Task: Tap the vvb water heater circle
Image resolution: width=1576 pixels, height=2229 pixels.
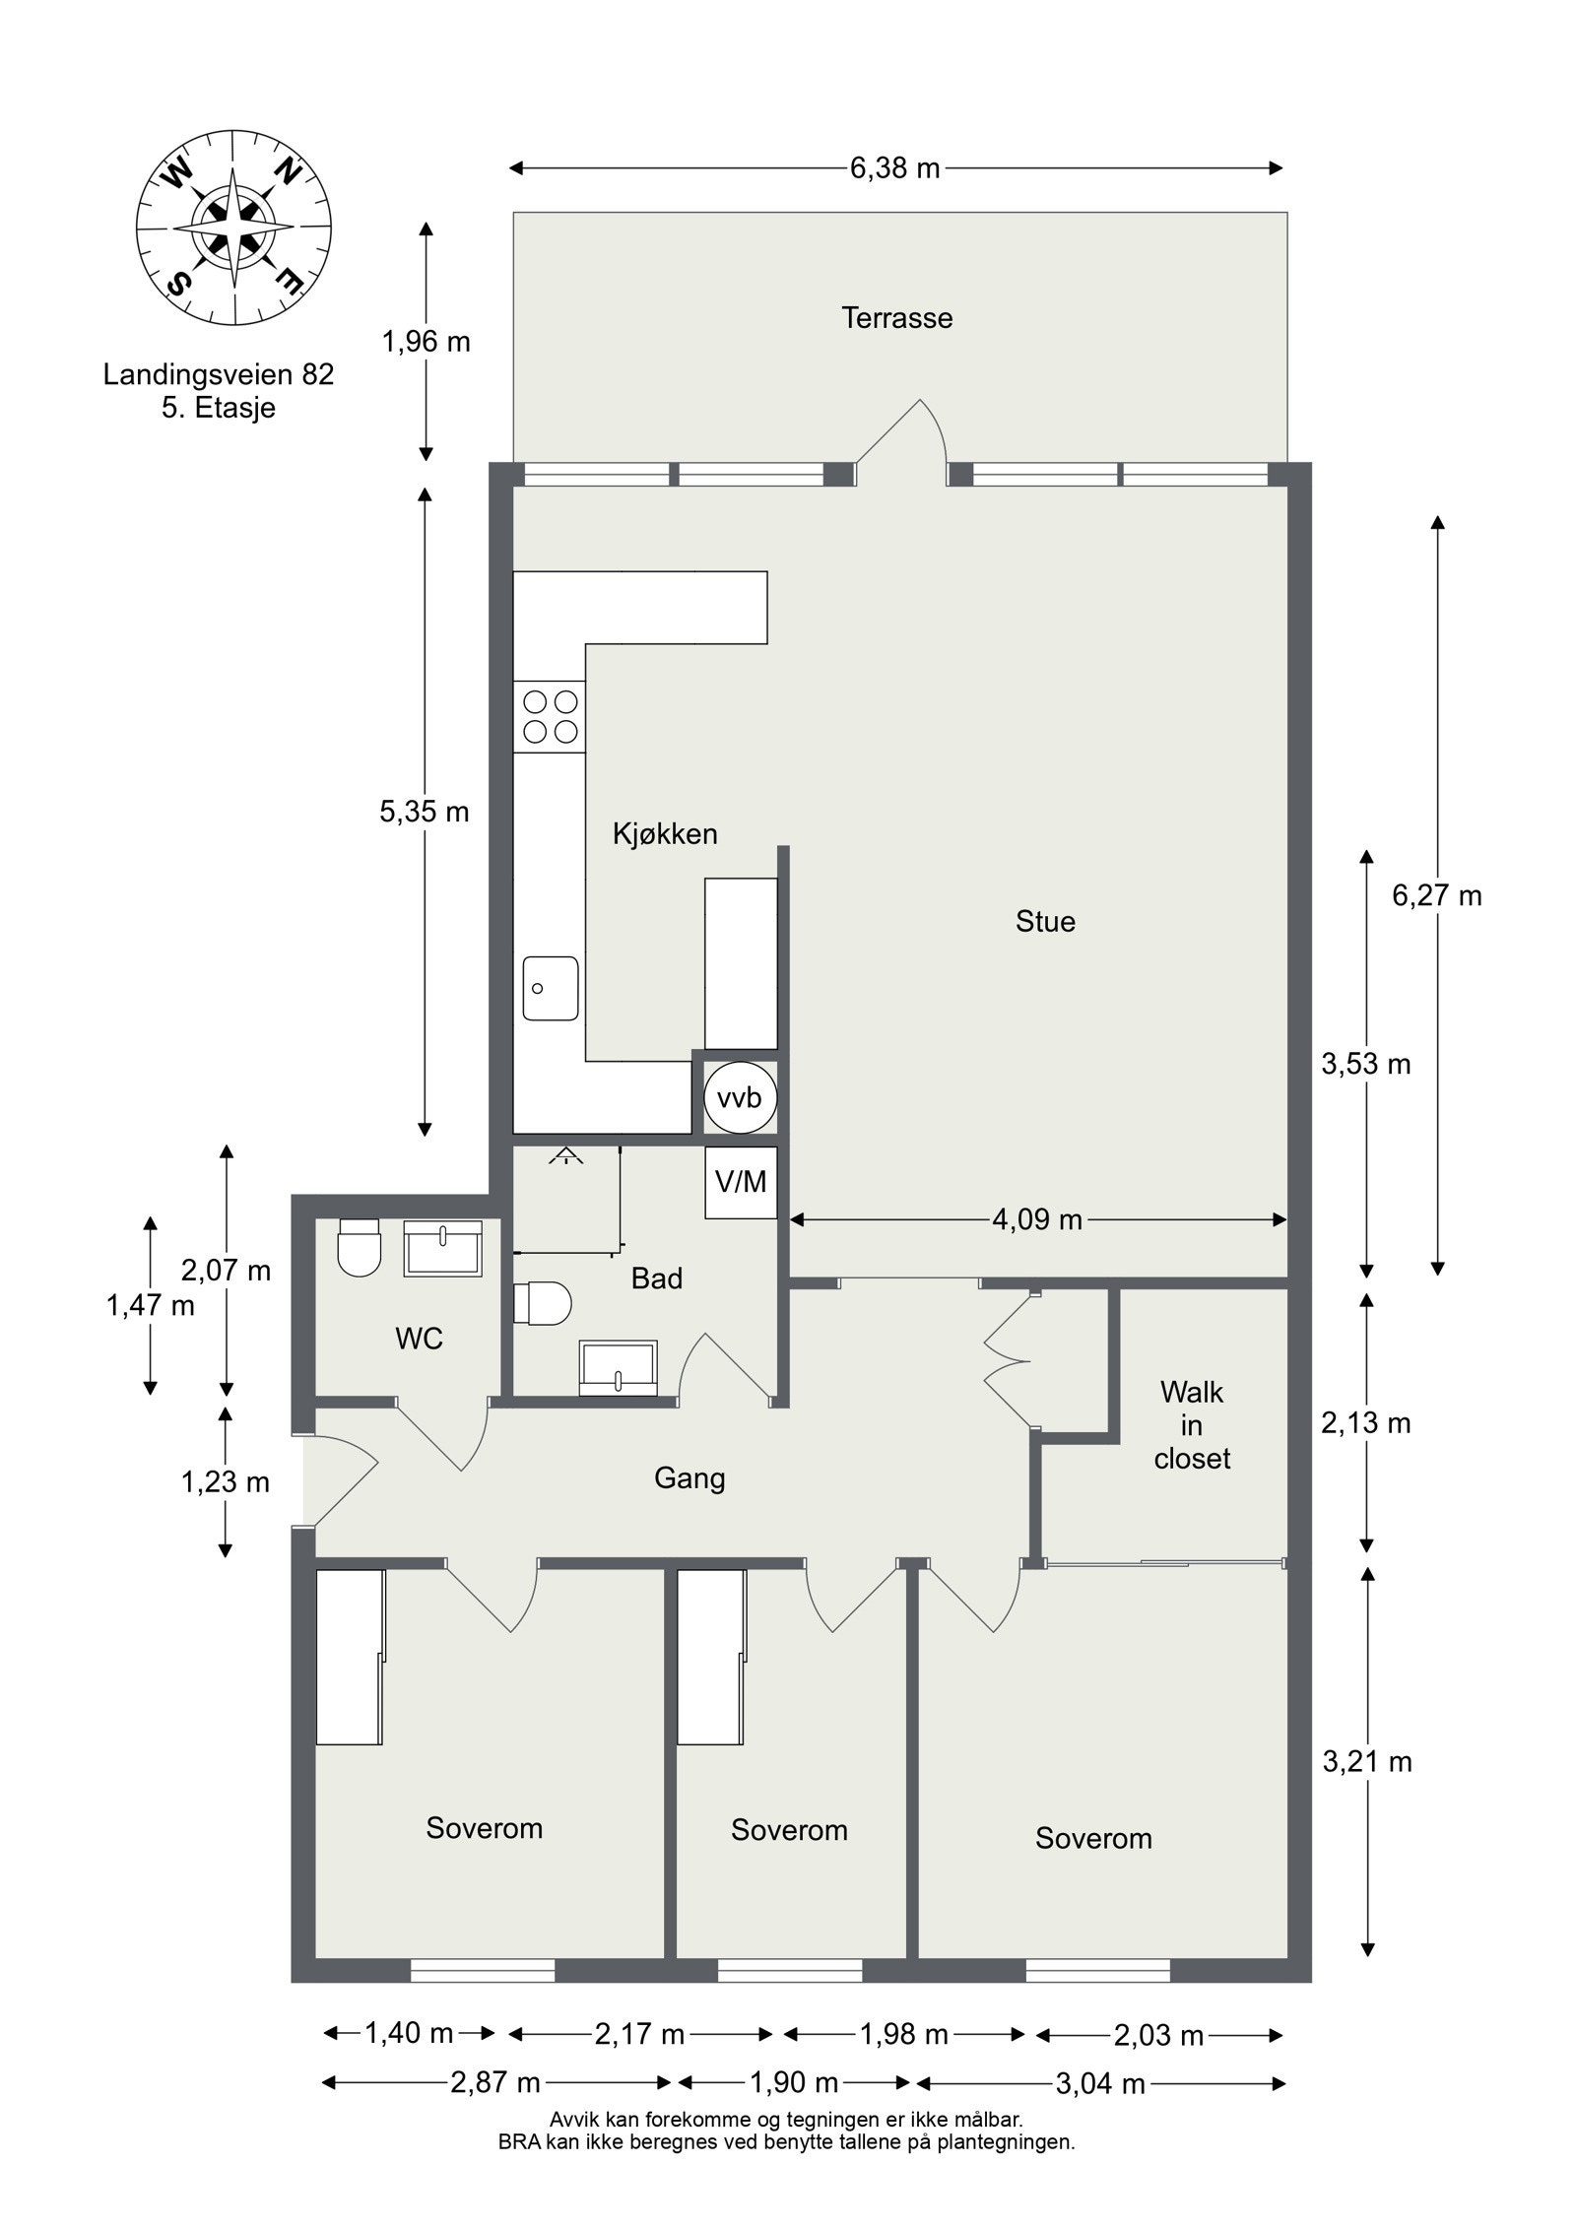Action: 740,1097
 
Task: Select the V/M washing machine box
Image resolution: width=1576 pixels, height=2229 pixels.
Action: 741,1182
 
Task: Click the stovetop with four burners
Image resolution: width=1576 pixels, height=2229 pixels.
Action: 550,716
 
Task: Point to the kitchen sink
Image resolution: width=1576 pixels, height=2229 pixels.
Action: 551,987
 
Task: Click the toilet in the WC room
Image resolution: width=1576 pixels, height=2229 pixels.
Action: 359,1246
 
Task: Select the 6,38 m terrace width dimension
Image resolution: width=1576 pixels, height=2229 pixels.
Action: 895,168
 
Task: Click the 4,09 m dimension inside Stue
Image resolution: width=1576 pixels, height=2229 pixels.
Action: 1038,1220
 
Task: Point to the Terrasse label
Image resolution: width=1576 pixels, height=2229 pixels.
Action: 896,318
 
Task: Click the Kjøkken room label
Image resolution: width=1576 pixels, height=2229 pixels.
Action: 665,834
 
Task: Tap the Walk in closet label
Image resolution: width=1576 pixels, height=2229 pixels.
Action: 1193,1425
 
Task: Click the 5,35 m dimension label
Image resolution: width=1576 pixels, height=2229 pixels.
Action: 425,812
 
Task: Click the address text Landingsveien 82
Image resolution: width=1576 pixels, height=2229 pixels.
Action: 219,374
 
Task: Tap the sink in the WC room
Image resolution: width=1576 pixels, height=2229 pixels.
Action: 442,1248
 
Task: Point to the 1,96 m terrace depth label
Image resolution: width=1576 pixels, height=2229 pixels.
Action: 426,342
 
